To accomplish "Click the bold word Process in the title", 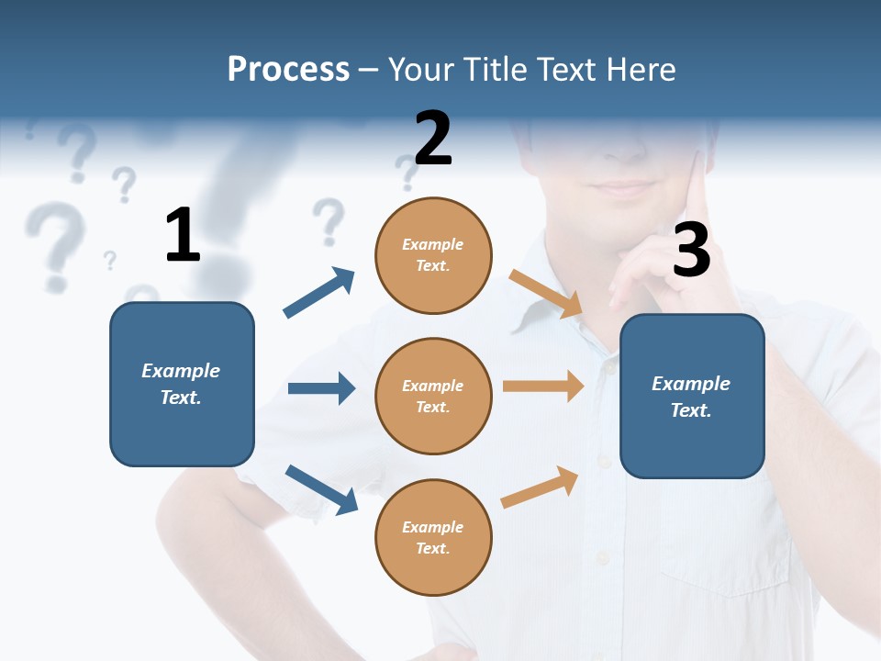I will tap(288, 69).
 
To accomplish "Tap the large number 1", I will tap(183, 235).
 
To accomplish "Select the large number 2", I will tap(433, 139).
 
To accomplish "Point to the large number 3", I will tap(691, 251).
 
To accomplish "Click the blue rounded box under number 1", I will tap(182, 384).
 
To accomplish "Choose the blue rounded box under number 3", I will tap(692, 396).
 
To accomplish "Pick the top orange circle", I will tap(433, 255).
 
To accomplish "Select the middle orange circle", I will tap(433, 396).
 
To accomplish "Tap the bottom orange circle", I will tap(433, 537).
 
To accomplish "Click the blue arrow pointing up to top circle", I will tap(319, 292).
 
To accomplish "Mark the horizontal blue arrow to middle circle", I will tap(321, 388).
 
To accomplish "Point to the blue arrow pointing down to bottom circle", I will tap(321, 488).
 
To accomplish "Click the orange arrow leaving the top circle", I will tap(546, 294).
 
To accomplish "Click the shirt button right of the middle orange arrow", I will tap(607, 369).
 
